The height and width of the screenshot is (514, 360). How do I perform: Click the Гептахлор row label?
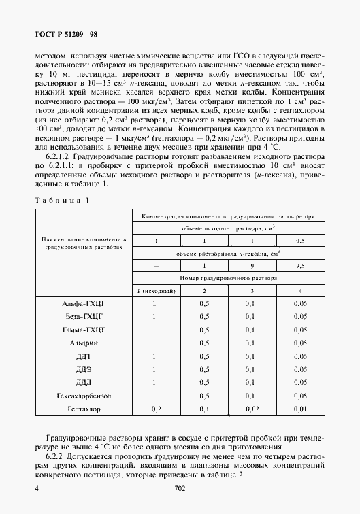coord(83,409)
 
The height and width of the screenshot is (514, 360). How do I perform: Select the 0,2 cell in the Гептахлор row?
coord(156,409)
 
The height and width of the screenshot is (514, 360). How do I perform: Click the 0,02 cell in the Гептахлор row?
coord(252,409)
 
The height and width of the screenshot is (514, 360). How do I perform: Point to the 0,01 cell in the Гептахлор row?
coord(300,409)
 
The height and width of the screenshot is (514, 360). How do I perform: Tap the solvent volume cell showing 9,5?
coord(300,266)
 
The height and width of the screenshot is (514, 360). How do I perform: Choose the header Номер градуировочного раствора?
coord(228,278)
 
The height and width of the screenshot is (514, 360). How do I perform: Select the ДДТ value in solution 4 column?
coord(300,356)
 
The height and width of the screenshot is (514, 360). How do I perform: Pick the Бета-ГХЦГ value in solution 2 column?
coord(203,316)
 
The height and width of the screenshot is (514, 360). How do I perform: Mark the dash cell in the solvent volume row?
coord(156,266)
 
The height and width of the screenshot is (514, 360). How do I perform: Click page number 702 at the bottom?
coord(180,488)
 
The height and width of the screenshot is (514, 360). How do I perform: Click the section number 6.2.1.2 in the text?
coord(63,156)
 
